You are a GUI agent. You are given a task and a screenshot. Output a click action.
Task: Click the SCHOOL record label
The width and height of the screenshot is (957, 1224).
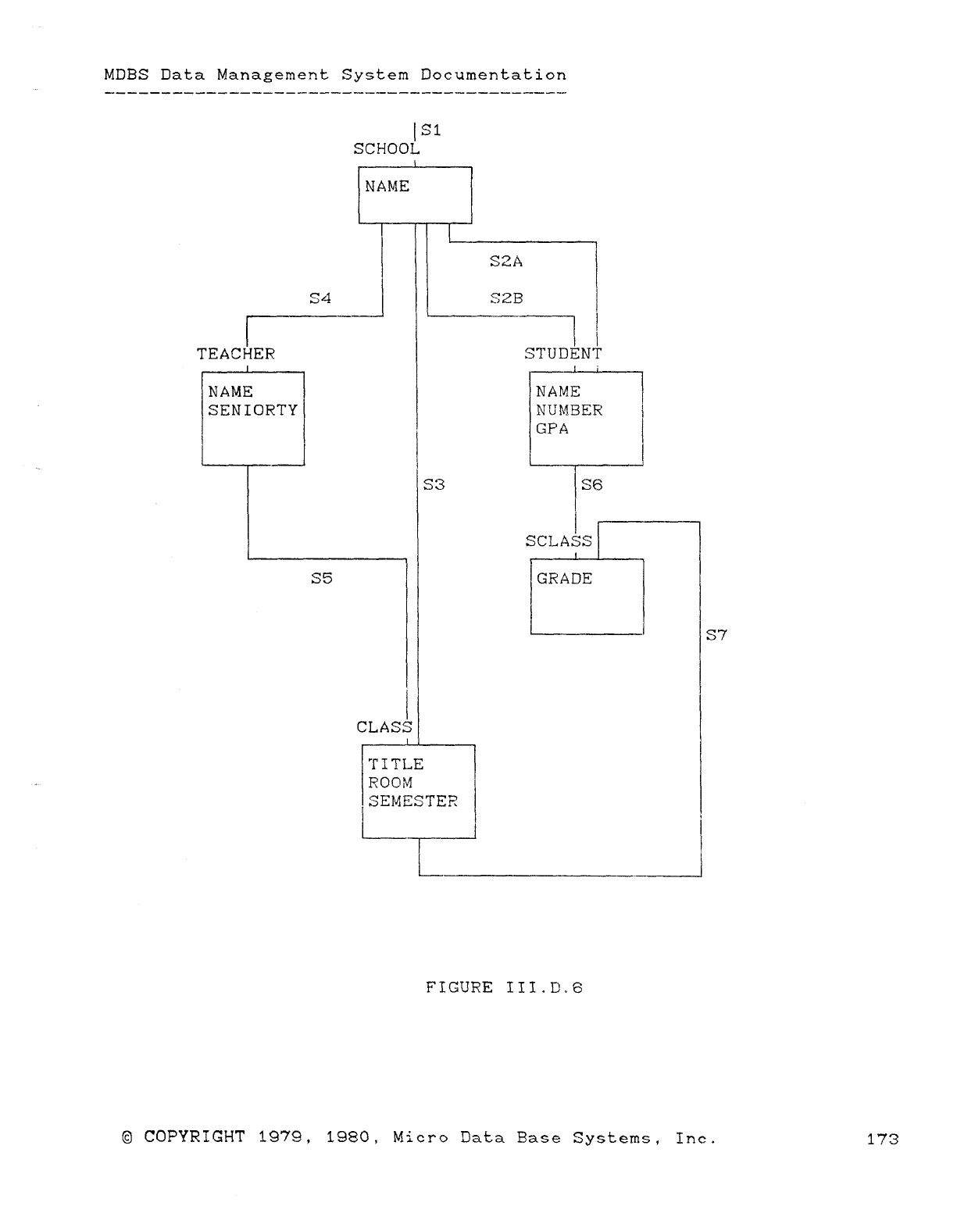386,149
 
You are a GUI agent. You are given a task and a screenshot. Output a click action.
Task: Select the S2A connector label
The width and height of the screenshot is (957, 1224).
506,262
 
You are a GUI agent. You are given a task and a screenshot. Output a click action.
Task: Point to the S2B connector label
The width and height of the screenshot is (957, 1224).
506,298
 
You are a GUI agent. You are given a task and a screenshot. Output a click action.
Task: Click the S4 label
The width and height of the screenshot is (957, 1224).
320,298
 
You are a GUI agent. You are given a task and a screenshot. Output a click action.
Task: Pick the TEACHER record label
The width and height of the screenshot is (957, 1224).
236,354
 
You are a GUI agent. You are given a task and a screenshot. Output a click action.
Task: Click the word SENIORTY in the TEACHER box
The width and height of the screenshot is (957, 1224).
253,410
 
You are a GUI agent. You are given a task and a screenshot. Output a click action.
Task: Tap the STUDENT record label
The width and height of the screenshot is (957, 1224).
563,354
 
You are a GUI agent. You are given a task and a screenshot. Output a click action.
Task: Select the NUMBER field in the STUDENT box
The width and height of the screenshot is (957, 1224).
570,410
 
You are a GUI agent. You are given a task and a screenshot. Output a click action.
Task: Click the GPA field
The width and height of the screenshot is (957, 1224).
552,429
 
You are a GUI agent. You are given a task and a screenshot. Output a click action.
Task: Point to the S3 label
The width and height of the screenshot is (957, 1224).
434,485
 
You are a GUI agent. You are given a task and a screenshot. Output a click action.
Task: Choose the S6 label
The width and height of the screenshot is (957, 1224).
592,485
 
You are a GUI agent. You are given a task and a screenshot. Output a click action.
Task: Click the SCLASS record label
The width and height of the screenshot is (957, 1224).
559,541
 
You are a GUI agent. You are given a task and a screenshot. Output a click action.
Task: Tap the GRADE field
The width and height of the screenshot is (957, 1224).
564,579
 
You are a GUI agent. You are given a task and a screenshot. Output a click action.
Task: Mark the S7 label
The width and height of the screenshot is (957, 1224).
716,635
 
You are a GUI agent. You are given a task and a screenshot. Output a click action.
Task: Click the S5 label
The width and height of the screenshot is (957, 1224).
322,579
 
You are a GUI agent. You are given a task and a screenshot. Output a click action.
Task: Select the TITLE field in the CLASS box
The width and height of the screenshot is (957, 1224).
396,765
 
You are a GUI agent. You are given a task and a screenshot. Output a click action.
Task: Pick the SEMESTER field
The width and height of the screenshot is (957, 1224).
412,801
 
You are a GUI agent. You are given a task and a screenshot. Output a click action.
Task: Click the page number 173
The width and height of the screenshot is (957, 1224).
883,1139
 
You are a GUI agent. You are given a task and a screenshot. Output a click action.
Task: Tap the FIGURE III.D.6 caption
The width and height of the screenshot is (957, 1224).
504,988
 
